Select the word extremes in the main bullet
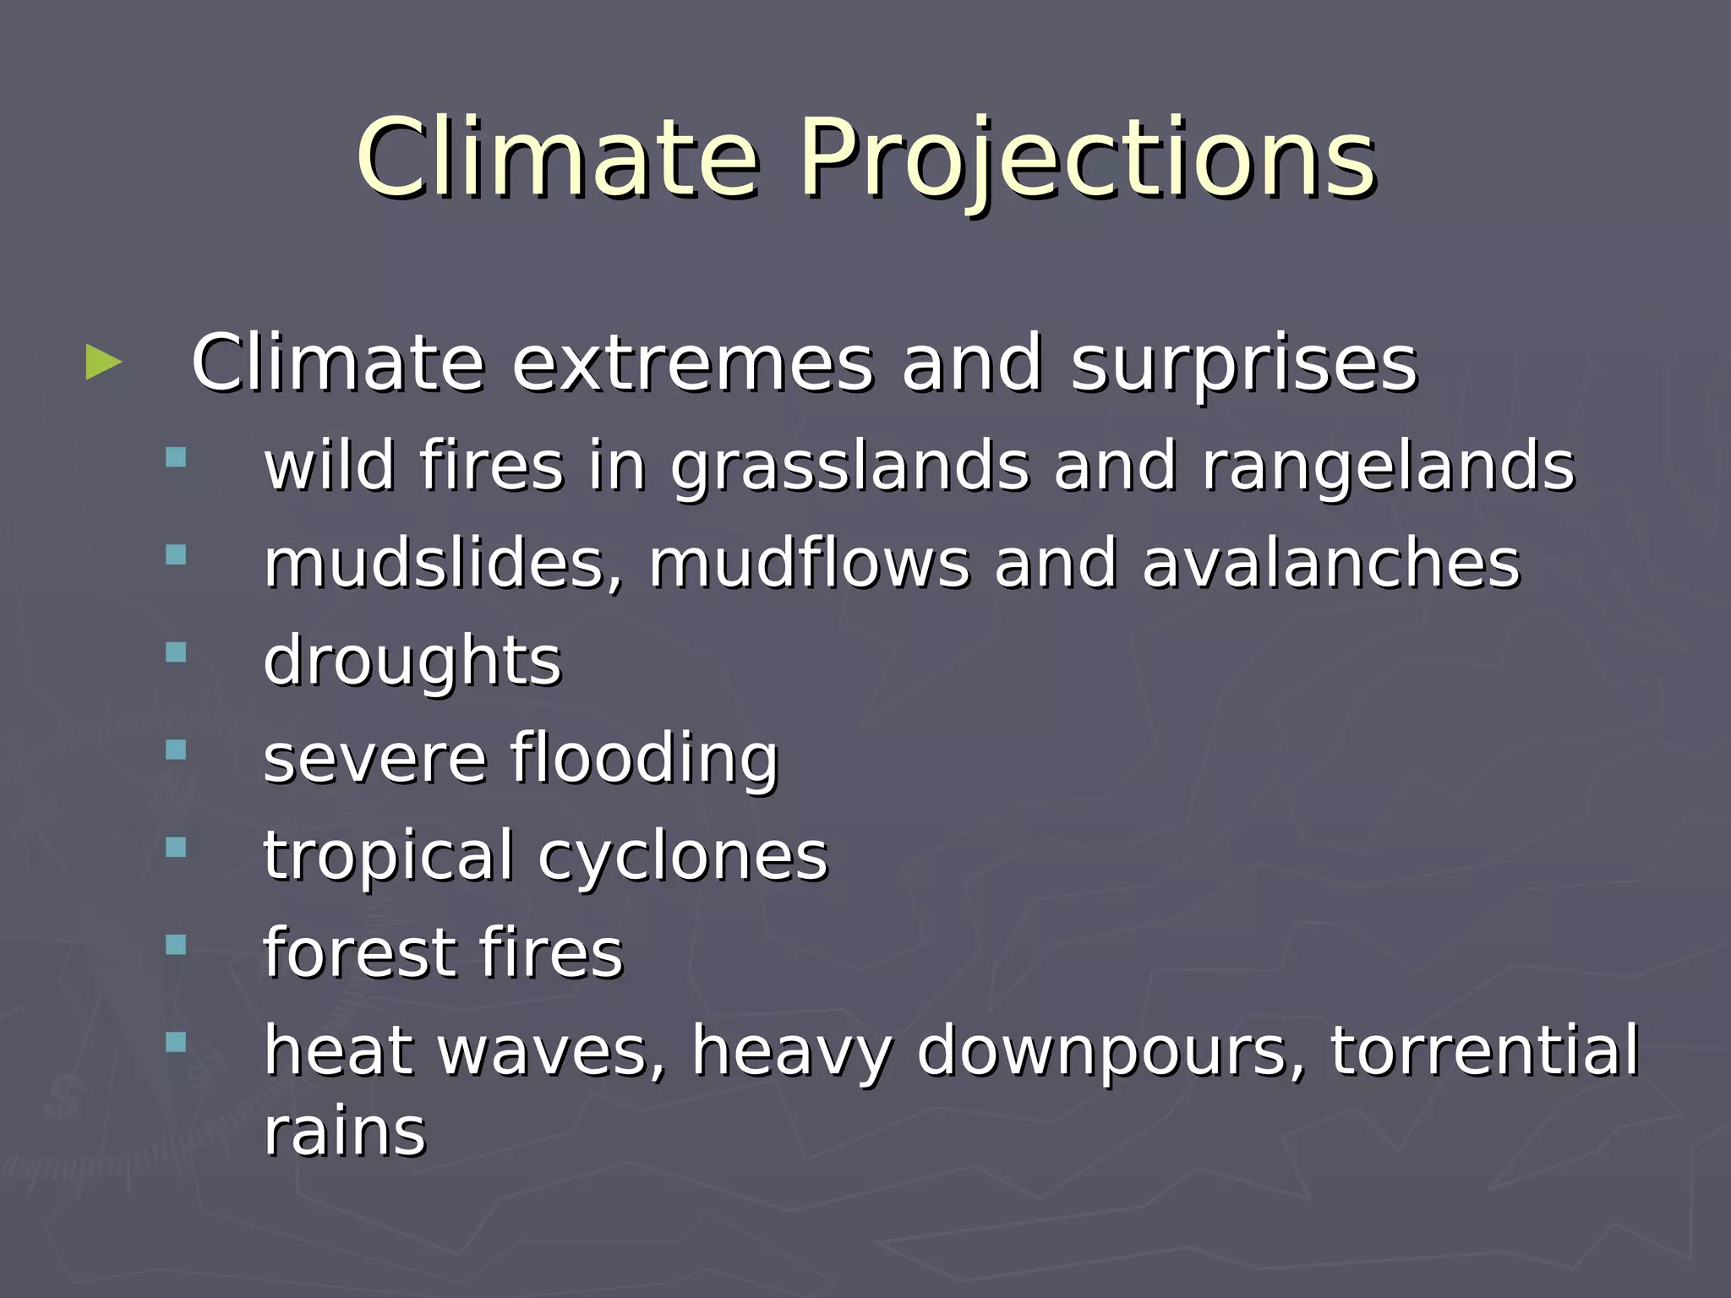692,364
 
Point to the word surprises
1243,366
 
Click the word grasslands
849,467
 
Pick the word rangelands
1389,467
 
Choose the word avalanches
1330,564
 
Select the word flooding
643,759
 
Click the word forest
360,953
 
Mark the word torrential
1484,1050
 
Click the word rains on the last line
345,1132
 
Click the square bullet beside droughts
176,652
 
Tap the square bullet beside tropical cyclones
176,847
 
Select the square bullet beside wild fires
176,458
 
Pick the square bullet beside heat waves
176,1042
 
